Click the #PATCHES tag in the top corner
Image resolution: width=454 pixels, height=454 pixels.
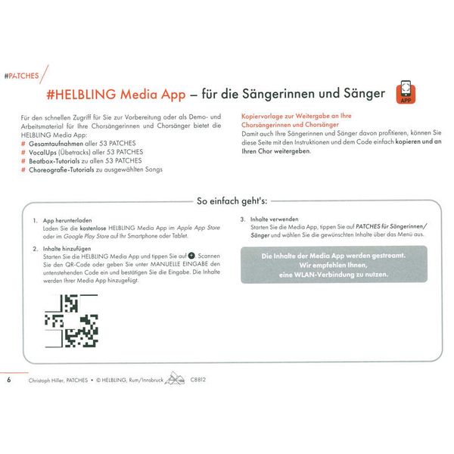[x=21, y=76]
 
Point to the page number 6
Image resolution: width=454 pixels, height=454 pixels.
[x=8, y=379]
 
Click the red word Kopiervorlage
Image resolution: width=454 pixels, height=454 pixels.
[x=262, y=117]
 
